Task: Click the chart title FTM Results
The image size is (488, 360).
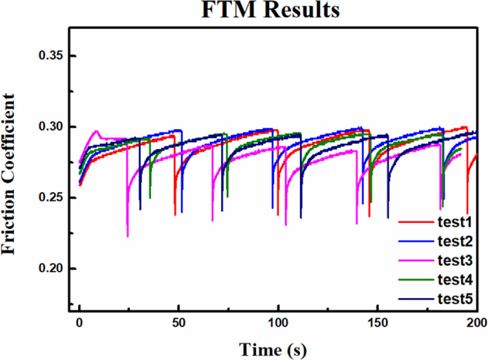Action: [270, 10]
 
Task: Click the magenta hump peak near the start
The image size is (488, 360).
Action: [96, 131]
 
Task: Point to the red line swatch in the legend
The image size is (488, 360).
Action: [415, 223]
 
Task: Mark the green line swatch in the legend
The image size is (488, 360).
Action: [415, 280]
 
